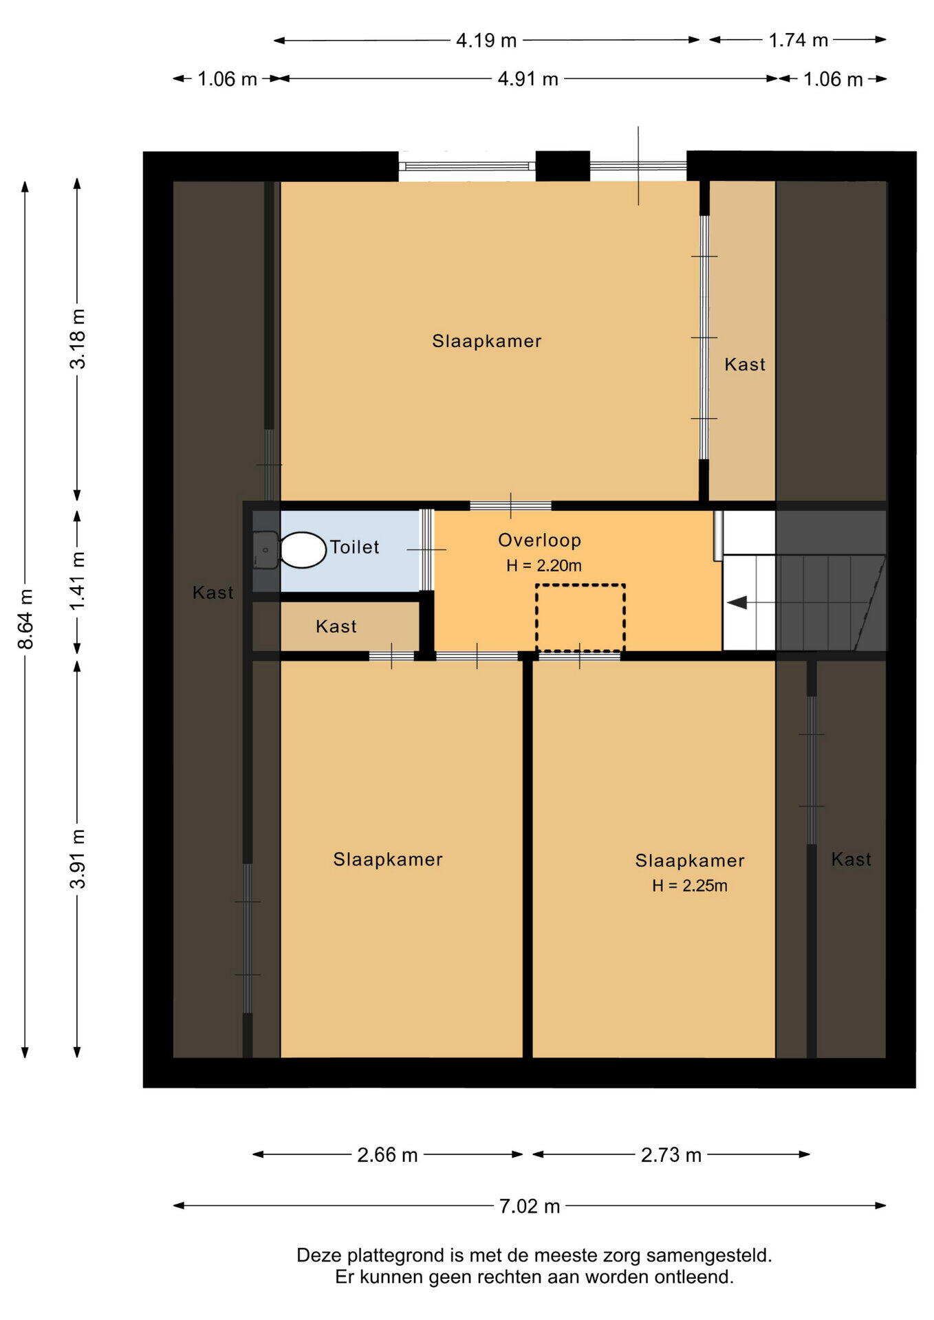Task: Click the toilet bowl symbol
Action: pyautogui.click(x=303, y=550)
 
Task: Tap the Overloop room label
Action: pyautogui.click(x=540, y=541)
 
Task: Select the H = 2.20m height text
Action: pyautogui.click(x=544, y=566)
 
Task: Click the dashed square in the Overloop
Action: pyautogui.click(x=580, y=617)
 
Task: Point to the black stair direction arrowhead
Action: pyautogui.click(x=737, y=603)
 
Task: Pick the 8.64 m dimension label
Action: pyautogui.click(x=25, y=619)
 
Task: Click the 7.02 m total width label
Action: pyautogui.click(x=530, y=1206)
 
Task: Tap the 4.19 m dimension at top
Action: pyautogui.click(x=486, y=41)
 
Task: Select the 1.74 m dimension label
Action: pyautogui.click(x=798, y=40)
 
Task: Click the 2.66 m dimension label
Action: pyautogui.click(x=387, y=1154)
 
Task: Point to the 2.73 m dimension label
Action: pyautogui.click(x=671, y=1154)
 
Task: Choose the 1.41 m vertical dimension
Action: pyautogui.click(x=78, y=580)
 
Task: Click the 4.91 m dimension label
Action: pyautogui.click(x=528, y=79)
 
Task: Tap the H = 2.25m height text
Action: pyautogui.click(x=690, y=885)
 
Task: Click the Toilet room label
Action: pyautogui.click(x=355, y=547)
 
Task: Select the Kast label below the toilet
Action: pyautogui.click(x=336, y=626)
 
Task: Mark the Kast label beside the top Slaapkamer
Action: pyautogui.click(x=745, y=364)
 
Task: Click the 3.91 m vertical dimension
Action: pyautogui.click(x=78, y=859)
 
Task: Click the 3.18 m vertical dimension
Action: pyautogui.click(x=78, y=339)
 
